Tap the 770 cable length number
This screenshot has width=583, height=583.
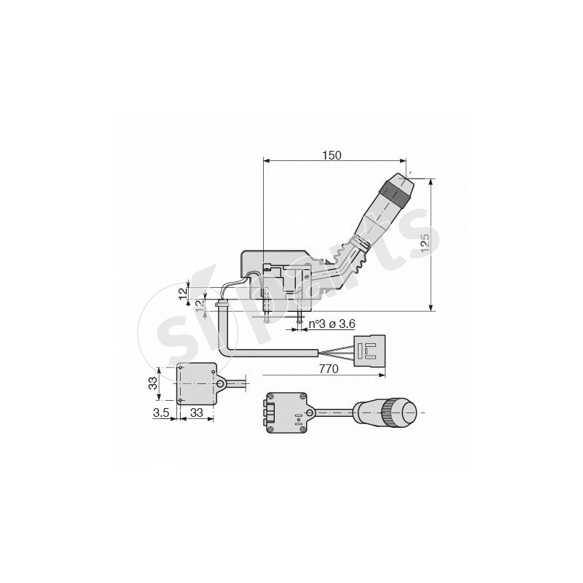(x=329, y=369)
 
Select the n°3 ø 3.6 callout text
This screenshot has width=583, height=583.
(x=332, y=324)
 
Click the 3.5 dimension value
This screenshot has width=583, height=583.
(x=162, y=412)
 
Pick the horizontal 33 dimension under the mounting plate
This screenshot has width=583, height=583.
(x=196, y=412)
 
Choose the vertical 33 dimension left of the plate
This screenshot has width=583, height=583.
(x=154, y=384)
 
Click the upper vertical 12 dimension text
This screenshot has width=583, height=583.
(x=181, y=292)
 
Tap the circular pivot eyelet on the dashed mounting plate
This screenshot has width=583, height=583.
(x=219, y=382)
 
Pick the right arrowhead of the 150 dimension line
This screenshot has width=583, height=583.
(x=402, y=161)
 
